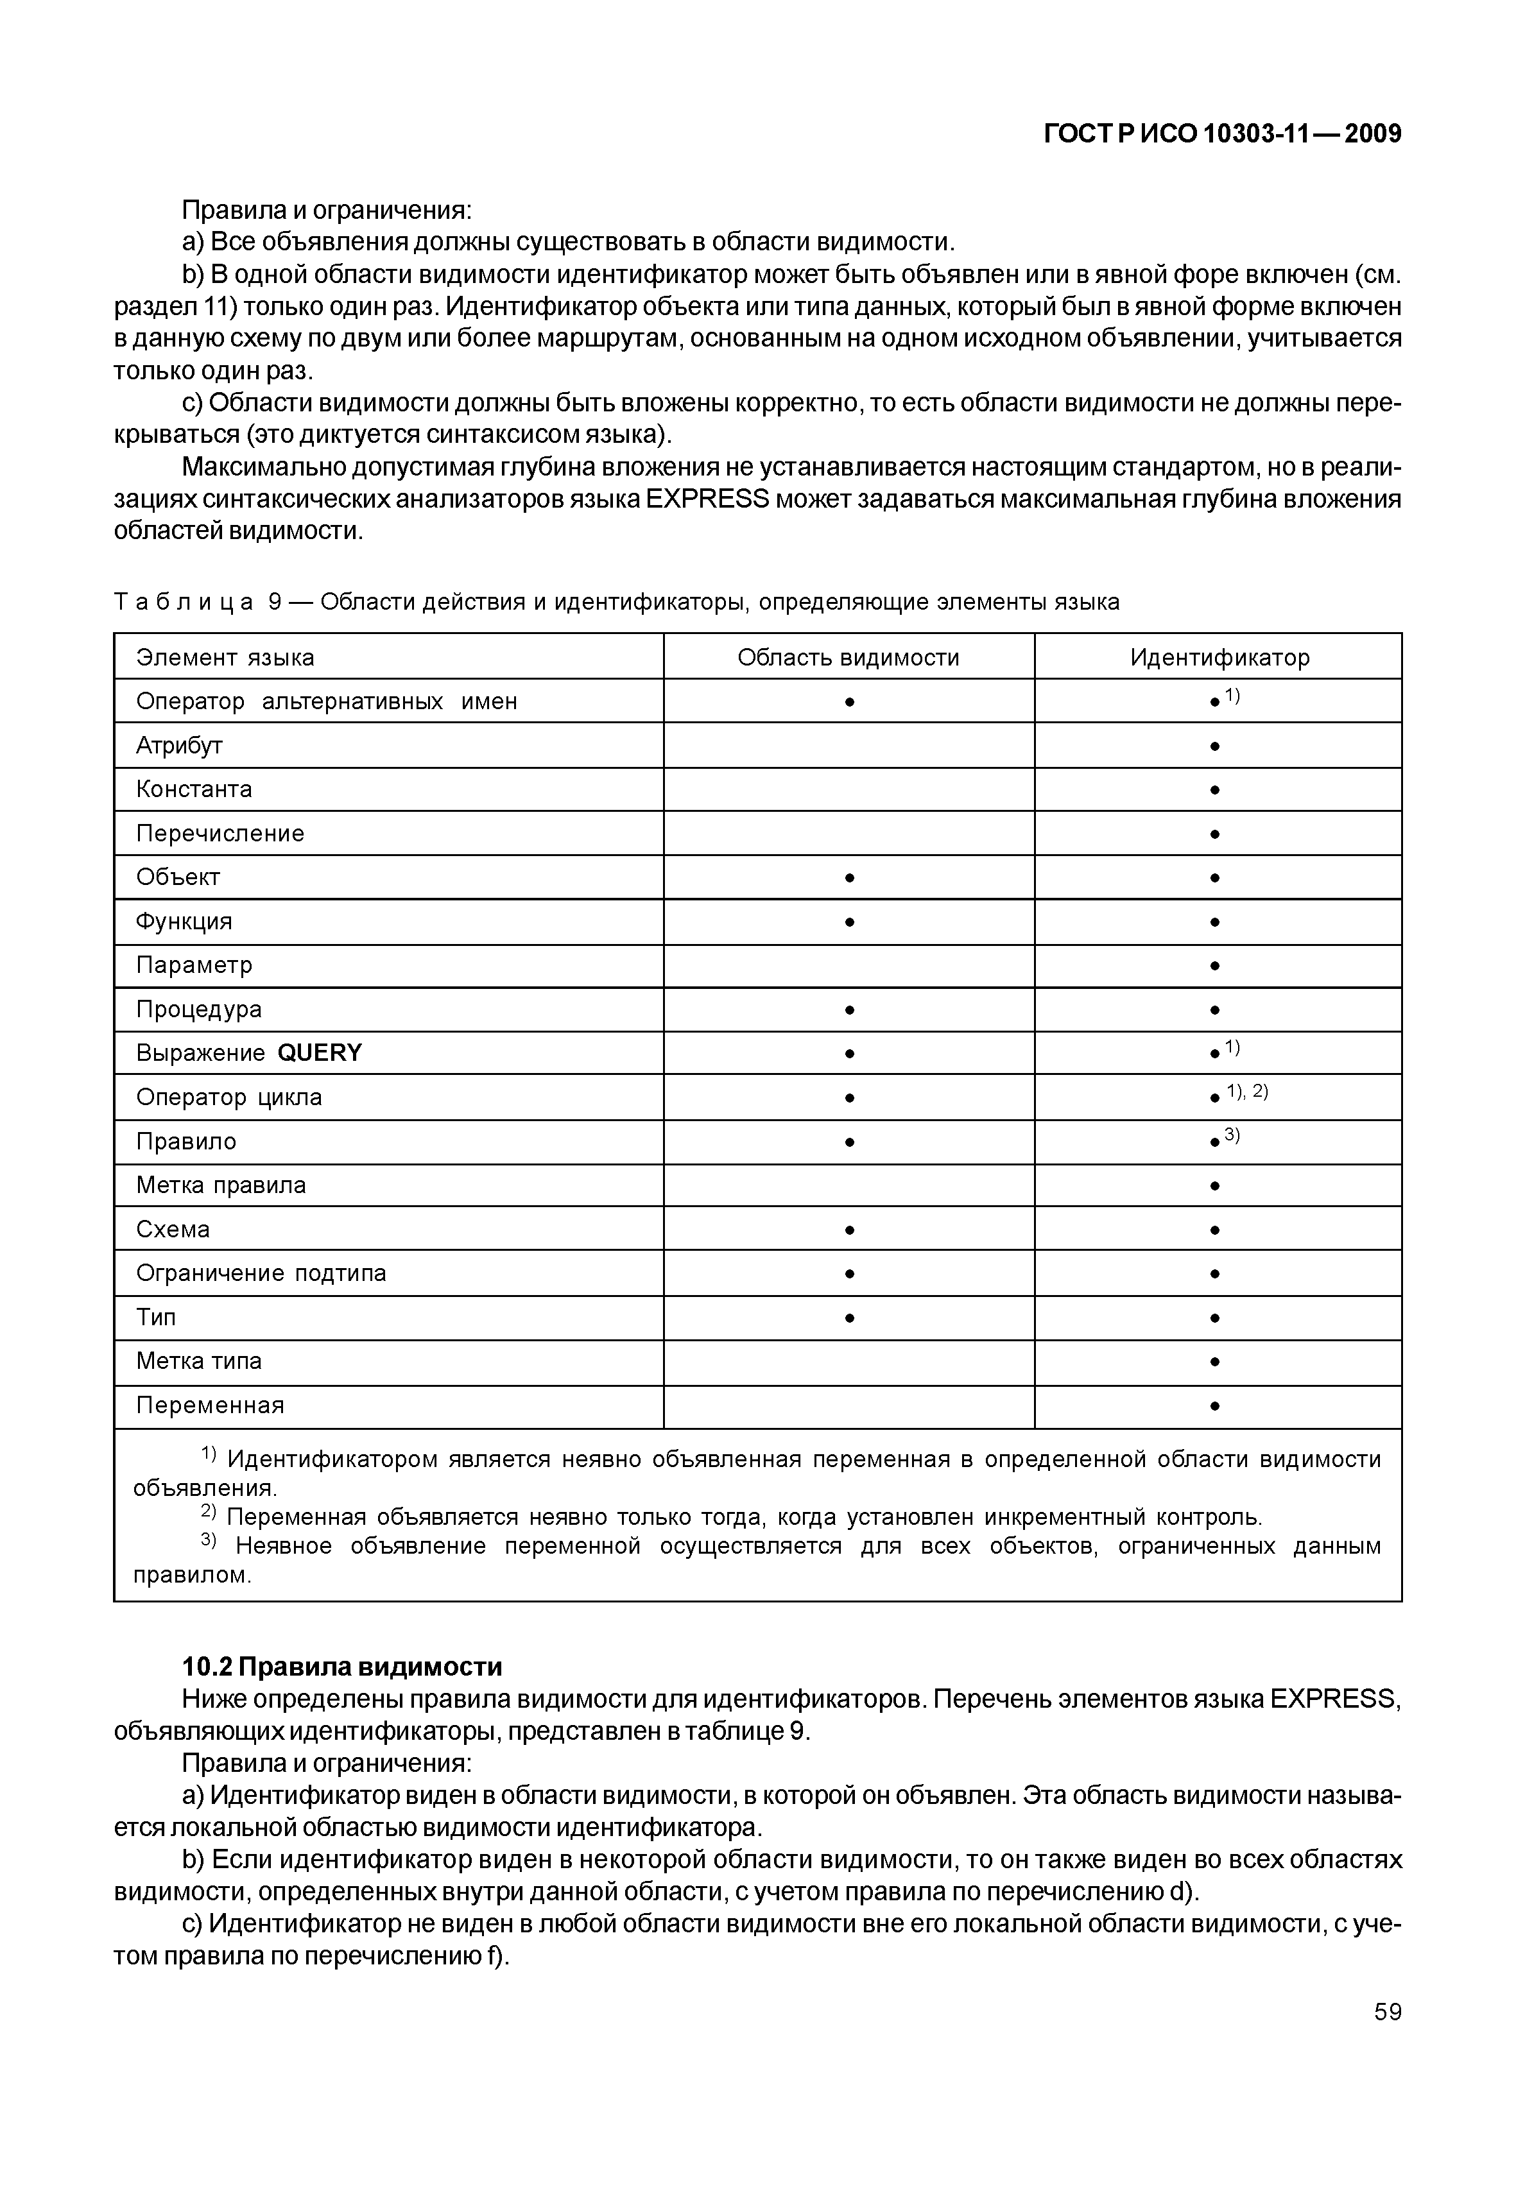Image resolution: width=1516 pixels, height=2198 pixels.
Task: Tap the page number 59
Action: (1387, 2012)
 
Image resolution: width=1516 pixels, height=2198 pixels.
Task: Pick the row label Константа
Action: (194, 789)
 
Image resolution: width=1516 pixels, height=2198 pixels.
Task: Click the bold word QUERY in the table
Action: (320, 1053)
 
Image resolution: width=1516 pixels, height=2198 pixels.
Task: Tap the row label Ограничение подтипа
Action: (261, 1274)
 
